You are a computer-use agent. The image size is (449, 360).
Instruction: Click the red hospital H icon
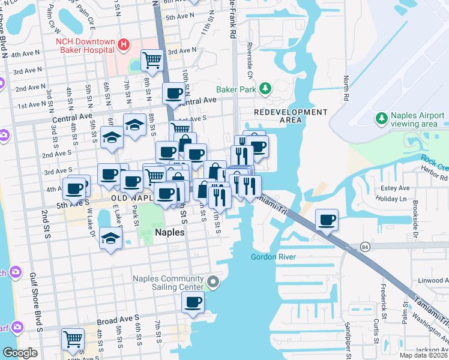pos(124,44)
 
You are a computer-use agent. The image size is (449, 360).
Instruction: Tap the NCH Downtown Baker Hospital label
pos(85,46)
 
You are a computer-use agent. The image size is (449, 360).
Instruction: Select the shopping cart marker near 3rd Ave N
pos(152,60)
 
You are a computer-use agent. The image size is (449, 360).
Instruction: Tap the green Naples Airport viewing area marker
pos(380,116)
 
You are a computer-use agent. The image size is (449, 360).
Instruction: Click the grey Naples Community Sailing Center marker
pos(212,282)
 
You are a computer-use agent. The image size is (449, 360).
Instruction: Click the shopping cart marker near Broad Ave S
pos(73,340)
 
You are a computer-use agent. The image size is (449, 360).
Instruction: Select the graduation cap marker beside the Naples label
pos(111,238)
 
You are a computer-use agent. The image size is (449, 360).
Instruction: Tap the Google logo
pos(20,353)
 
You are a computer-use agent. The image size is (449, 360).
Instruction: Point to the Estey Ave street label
pos(394,188)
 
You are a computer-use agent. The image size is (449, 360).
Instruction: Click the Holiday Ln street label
pos(394,199)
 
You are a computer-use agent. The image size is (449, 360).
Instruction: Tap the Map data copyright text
pos(423,355)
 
